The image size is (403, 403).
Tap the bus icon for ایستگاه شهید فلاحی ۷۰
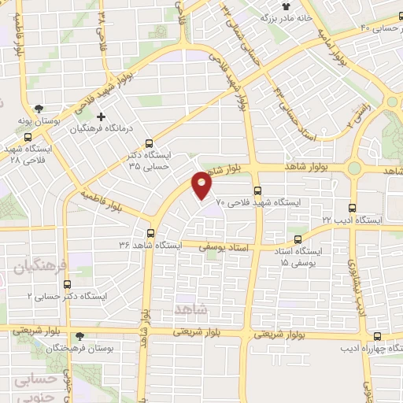click(x=257, y=190)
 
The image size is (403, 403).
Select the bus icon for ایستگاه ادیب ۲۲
click(x=352, y=209)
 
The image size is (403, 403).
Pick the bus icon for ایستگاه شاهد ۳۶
click(x=150, y=233)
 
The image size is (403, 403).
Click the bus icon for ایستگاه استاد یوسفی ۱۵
click(x=297, y=239)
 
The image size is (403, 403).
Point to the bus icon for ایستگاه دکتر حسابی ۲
click(x=66, y=284)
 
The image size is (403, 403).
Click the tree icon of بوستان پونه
click(x=39, y=109)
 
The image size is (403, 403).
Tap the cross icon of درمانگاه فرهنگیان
click(x=100, y=116)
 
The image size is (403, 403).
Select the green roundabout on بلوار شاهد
click(x=354, y=167)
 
